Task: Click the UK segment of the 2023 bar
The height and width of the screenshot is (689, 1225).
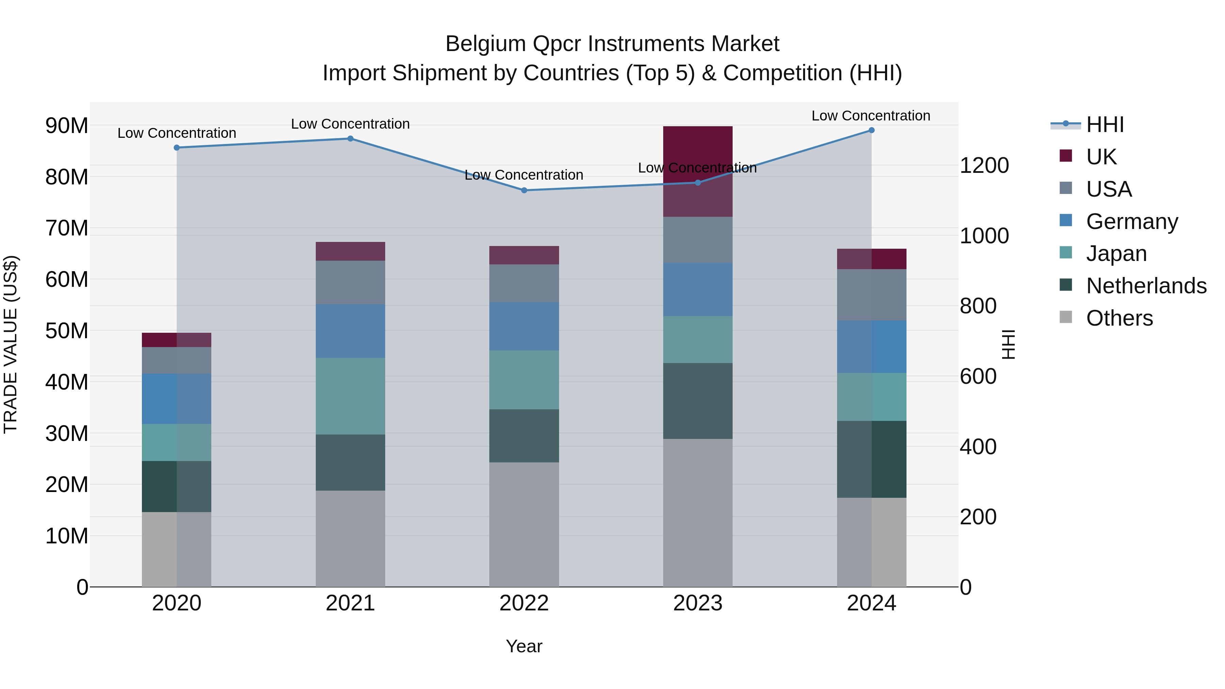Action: [x=698, y=171]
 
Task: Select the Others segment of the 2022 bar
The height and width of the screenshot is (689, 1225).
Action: [x=524, y=524]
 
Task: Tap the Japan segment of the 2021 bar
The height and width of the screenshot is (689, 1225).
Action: [x=350, y=396]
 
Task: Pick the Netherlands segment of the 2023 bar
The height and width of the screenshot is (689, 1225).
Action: [x=698, y=401]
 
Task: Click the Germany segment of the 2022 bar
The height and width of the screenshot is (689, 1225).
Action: [x=524, y=326]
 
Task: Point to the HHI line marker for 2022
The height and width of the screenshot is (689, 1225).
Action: [x=524, y=190]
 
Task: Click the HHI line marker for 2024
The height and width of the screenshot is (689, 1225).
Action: [x=871, y=130]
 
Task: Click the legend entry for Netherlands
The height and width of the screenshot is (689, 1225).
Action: [x=1146, y=286]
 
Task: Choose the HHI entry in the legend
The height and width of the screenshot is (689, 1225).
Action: [x=1105, y=125]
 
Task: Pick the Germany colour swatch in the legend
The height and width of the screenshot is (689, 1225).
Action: [x=1066, y=220]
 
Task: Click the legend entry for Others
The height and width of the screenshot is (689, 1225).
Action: [x=1120, y=318]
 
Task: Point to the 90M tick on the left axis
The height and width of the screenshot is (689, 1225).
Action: [x=67, y=126]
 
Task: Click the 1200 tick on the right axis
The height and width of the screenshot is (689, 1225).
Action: [x=984, y=165]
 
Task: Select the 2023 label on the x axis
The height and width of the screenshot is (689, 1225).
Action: [x=698, y=603]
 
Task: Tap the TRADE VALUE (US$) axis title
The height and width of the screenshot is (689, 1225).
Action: [x=11, y=344]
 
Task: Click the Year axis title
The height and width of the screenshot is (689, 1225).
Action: [x=524, y=646]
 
